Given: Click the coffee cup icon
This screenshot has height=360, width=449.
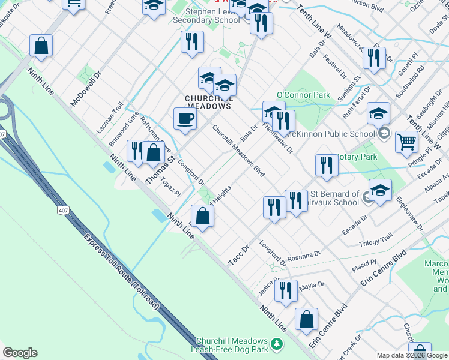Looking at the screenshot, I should tap(185, 118).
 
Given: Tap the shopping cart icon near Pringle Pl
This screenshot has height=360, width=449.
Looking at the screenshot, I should tap(406, 142).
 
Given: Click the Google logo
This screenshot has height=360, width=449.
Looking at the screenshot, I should tap(20, 353).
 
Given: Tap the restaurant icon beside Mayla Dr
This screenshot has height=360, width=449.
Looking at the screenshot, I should tap(286, 290).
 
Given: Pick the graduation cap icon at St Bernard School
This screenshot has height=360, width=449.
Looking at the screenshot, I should tap(380, 190).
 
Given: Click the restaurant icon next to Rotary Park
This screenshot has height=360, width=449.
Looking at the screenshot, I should tap(326, 165).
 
